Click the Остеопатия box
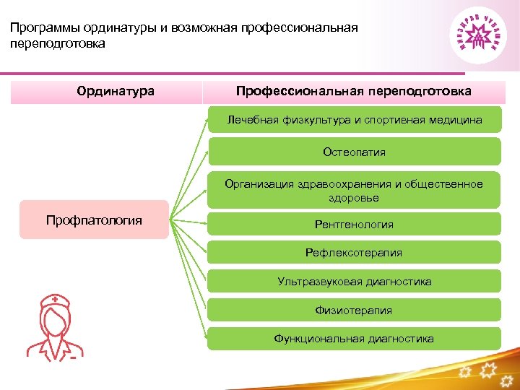(x=354, y=152)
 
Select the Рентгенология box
(x=354, y=225)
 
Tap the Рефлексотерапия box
(x=354, y=253)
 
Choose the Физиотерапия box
(x=354, y=311)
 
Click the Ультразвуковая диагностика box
(x=354, y=282)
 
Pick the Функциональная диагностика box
(x=354, y=339)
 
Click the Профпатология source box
(x=94, y=220)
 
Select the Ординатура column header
(x=116, y=92)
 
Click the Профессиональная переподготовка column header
(x=354, y=92)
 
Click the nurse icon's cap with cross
(x=56, y=299)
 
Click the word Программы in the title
(x=45, y=28)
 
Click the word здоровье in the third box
(x=354, y=197)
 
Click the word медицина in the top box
(x=456, y=120)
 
